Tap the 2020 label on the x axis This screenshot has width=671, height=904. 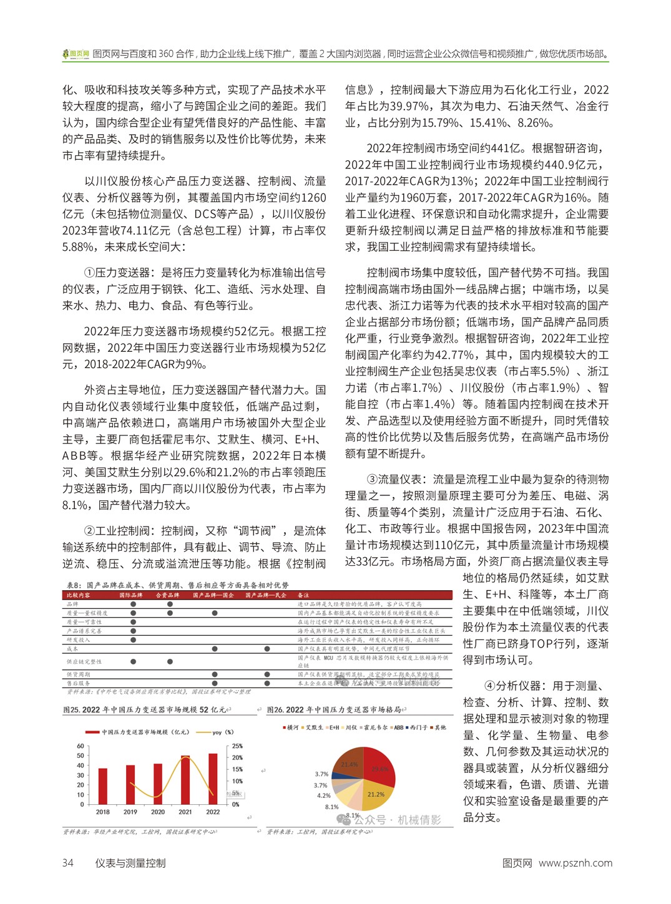click(158, 812)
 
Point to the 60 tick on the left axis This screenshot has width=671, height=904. click(81, 746)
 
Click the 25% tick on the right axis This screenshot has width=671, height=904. click(237, 746)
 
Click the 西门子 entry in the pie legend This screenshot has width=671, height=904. click(418, 727)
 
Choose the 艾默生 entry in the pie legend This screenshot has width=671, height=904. click(315, 727)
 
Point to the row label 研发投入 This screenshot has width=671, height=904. click(79, 639)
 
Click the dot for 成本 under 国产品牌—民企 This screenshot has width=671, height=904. click(267, 649)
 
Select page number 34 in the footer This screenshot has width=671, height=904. click(67, 863)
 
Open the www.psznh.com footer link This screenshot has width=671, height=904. click(575, 863)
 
